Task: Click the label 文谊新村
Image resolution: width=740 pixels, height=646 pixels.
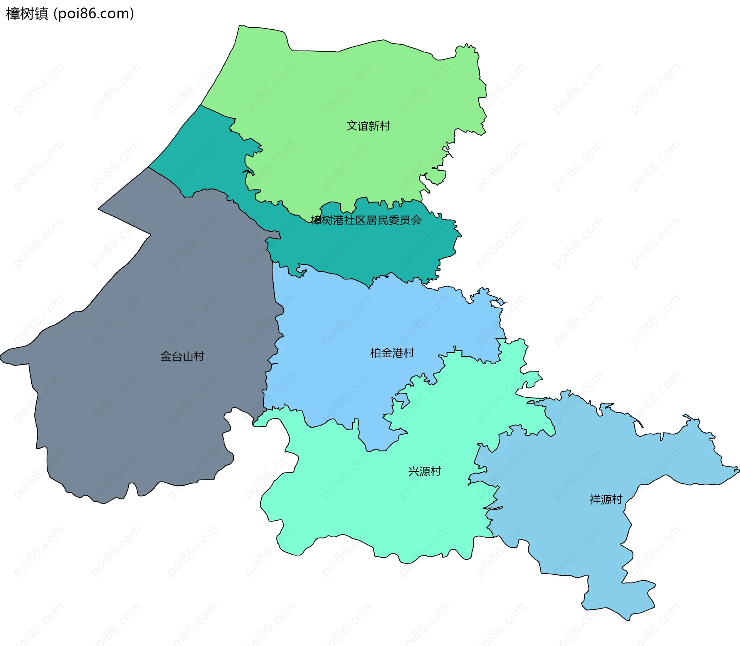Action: (368, 126)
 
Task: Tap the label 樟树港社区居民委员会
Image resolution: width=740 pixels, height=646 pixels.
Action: (366, 220)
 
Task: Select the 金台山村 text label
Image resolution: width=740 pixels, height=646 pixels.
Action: (182, 356)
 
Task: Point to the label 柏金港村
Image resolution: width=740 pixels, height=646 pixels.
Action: (392, 353)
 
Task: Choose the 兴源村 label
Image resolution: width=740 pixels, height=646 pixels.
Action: (424, 471)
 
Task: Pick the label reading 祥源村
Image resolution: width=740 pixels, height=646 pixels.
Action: (606, 500)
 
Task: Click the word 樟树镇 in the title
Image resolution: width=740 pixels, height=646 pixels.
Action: (27, 14)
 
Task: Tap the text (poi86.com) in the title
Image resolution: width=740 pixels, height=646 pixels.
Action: (94, 14)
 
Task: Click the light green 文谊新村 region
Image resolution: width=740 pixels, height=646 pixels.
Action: (347, 85)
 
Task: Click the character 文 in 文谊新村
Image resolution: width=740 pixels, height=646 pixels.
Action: (352, 126)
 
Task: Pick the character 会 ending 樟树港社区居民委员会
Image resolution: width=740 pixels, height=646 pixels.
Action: (416, 220)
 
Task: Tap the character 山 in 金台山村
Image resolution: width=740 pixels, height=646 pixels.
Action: (188, 356)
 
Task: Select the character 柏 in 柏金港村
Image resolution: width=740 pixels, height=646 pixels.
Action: (376, 353)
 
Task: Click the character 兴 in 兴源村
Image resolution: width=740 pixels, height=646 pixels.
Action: (414, 471)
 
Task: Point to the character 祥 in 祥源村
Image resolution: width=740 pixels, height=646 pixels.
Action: (595, 500)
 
